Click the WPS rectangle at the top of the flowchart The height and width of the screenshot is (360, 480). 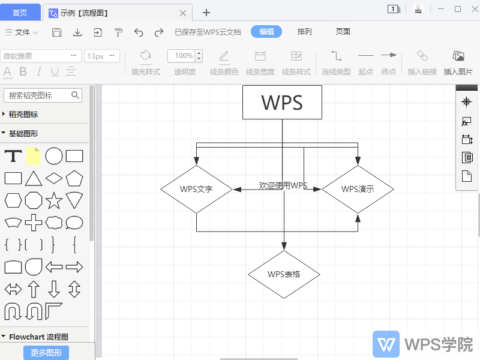tap(282, 102)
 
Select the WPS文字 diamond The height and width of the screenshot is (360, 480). tap(197, 189)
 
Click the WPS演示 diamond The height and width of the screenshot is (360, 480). tap(358, 189)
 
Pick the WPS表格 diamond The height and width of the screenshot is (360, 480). tap(284, 274)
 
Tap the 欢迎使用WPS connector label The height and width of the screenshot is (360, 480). tap(283, 185)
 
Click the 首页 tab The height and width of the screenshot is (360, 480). tap(20, 13)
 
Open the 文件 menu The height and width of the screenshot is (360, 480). tap(22, 32)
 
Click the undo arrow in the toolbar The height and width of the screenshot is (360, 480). tap(139, 32)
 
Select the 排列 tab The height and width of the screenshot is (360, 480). tap(304, 32)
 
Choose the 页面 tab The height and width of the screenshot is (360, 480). tap(343, 32)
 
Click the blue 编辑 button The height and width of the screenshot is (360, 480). tap(266, 32)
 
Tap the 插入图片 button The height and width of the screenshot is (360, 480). tap(458, 63)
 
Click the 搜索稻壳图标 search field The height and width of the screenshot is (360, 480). tap(43, 95)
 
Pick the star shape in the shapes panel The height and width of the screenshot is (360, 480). tap(54, 200)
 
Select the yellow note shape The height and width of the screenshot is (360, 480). tap(34, 156)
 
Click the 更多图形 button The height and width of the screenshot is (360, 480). tap(46, 353)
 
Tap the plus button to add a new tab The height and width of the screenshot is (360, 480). tap(206, 13)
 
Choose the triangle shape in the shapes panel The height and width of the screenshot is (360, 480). tap(34, 178)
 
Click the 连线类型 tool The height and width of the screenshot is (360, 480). tap(336, 63)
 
